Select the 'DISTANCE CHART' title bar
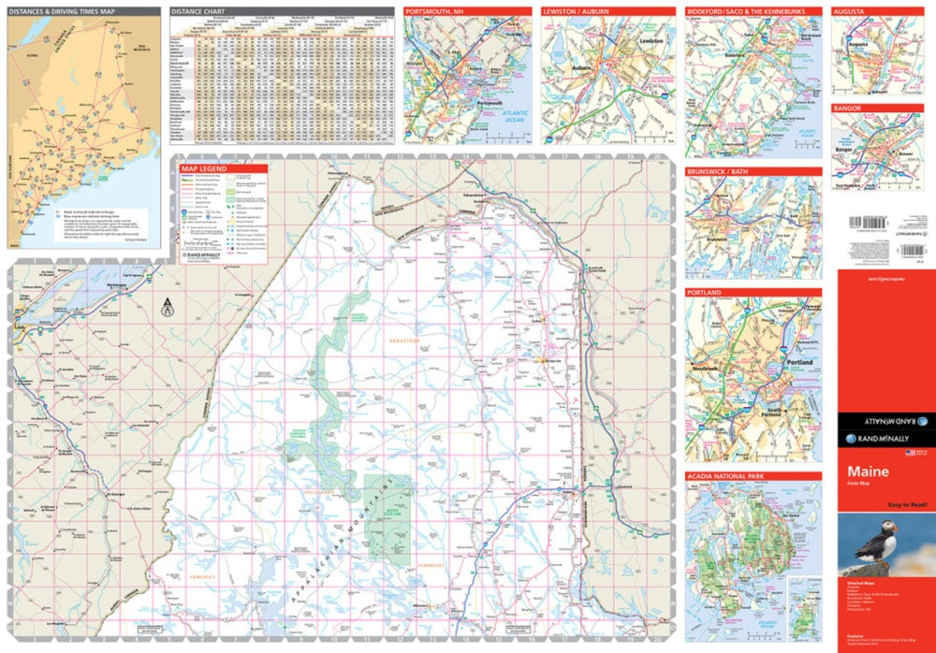point(200,12)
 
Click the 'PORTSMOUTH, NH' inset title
point(434,11)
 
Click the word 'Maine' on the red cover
point(868,472)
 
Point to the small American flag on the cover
point(909,453)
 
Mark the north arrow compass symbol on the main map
point(167,305)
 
